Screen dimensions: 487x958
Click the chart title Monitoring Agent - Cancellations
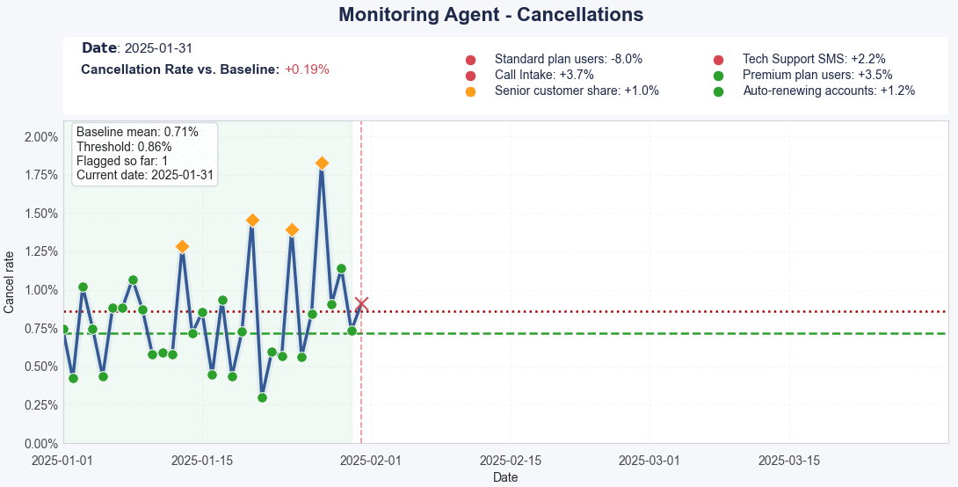click(490, 15)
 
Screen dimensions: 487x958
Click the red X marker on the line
click(361, 304)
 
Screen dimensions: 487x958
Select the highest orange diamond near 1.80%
click(322, 164)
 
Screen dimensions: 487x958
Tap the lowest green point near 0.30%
click(262, 397)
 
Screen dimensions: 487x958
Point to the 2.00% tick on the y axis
click(40, 137)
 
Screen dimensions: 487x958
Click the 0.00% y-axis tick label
click(40, 443)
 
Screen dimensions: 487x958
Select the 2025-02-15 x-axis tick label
click(509, 460)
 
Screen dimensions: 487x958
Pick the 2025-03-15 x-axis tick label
click(788, 460)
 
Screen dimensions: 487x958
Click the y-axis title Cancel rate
click(10, 282)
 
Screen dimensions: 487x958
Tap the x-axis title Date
click(505, 477)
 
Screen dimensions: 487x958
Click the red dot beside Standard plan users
click(470, 60)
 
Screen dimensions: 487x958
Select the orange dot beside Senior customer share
click(470, 91)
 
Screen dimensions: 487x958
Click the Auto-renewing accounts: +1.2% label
click(829, 91)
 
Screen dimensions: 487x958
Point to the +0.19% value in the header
click(307, 69)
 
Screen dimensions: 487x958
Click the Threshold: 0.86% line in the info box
click(124, 147)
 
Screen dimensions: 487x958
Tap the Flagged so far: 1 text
click(122, 161)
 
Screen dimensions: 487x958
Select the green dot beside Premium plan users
click(718, 76)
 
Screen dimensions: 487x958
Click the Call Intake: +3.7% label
click(544, 76)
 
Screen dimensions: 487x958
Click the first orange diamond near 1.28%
click(182, 247)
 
